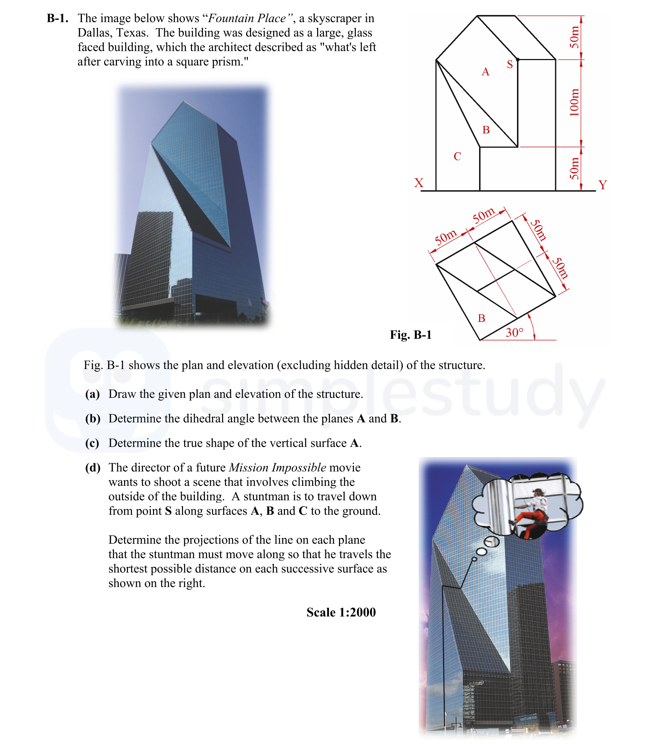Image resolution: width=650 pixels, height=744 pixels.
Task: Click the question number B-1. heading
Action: [57, 18]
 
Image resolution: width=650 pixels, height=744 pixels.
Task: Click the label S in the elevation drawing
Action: [509, 65]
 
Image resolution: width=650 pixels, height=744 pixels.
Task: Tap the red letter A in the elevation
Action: [485, 72]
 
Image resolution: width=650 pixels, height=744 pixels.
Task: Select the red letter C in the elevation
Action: [457, 156]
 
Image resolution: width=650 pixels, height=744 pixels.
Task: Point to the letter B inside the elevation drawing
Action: [486, 130]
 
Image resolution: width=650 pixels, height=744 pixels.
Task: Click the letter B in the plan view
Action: [481, 318]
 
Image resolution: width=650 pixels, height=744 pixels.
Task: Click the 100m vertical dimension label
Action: [574, 103]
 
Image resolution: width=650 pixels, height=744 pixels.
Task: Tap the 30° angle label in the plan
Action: [514, 332]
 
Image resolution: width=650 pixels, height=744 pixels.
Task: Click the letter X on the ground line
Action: [419, 182]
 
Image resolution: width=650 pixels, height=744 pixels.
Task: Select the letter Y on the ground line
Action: [602, 185]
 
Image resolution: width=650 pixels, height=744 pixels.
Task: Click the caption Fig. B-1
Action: [410, 334]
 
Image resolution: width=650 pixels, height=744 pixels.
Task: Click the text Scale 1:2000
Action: [341, 612]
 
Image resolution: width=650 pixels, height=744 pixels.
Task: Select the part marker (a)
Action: [93, 394]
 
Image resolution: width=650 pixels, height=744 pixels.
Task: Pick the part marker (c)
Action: [92, 443]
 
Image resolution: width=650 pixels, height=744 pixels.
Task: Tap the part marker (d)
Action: [93, 468]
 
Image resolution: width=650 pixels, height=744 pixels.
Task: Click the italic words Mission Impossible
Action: [277, 468]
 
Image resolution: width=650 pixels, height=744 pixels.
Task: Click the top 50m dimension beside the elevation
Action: [574, 38]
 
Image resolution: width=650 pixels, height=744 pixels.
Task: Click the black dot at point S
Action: [518, 59]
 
